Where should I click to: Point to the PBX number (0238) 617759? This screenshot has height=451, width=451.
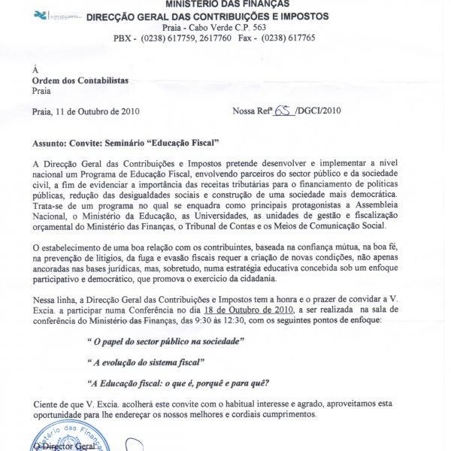[x=171, y=38]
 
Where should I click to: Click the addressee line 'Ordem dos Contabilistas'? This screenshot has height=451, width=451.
[x=80, y=80]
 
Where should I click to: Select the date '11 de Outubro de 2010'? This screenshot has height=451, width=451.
[x=98, y=110]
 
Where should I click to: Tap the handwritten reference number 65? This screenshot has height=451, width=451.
[x=283, y=110]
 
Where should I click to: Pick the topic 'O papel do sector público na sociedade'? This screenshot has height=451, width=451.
[x=166, y=341]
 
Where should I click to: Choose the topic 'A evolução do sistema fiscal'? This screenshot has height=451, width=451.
[x=147, y=362]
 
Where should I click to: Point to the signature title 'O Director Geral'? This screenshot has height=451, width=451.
[x=68, y=446]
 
